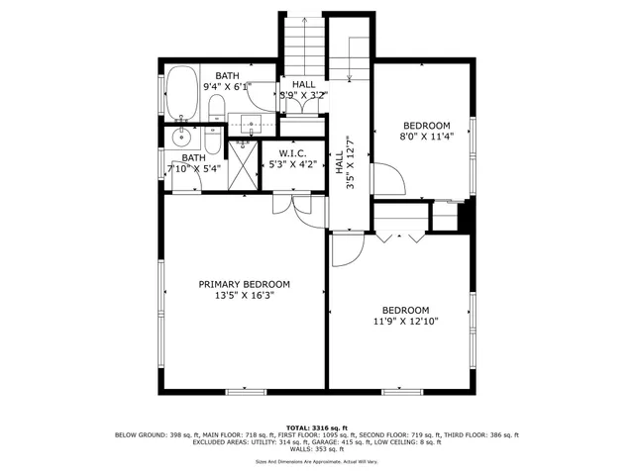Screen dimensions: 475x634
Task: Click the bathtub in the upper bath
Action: [182, 87]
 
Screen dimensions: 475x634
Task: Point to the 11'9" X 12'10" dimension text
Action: [405, 321]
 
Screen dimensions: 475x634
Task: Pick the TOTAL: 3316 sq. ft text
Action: [316, 427]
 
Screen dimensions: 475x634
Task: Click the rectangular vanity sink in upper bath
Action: [249, 125]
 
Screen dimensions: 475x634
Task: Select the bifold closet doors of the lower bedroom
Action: [400, 237]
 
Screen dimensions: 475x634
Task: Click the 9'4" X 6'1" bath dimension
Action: [228, 86]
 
